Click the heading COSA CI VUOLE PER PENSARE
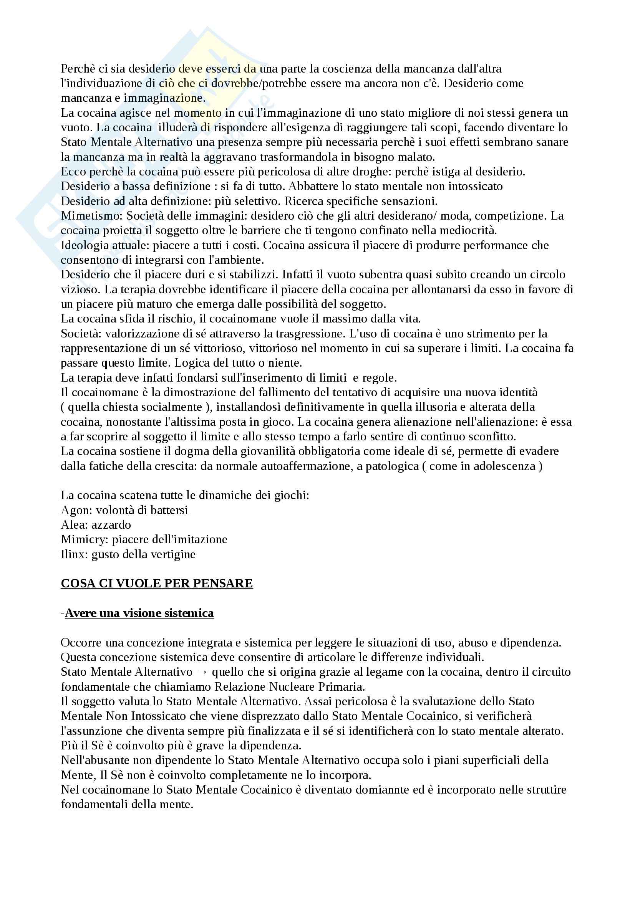click(x=157, y=583)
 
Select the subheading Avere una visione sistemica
click(x=139, y=613)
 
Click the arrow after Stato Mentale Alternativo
click(x=202, y=672)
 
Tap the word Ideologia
click(x=85, y=245)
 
